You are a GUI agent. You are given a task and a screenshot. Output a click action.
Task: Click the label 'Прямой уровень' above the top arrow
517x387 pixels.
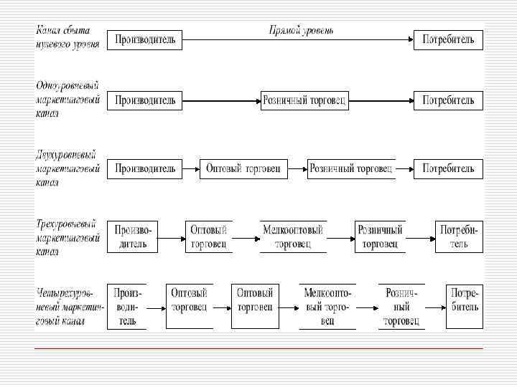click(301, 30)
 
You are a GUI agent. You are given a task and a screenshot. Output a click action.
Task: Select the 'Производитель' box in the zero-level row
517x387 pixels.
click(145, 39)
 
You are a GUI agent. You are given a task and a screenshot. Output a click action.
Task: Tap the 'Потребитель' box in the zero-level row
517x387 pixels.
click(448, 39)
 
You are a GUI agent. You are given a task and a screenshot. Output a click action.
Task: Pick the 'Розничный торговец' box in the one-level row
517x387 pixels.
click(304, 100)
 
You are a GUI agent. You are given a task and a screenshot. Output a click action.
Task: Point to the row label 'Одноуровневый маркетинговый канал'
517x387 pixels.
click(67, 96)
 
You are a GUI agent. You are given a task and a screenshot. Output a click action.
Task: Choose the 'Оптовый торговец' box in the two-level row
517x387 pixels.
click(243, 169)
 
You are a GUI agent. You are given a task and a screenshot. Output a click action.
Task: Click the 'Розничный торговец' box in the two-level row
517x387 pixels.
click(351, 169)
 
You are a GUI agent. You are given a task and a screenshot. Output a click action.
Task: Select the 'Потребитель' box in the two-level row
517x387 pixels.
click(448, 169)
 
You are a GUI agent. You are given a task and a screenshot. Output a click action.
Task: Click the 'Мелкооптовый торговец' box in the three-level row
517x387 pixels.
click(293, 236)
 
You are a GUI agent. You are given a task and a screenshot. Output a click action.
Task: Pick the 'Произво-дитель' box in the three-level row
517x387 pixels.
click(132, 236)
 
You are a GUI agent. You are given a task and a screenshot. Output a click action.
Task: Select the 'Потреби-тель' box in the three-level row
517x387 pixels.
click(460, 236)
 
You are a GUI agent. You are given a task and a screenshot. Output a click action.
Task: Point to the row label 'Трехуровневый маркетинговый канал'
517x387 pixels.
click(67, 235)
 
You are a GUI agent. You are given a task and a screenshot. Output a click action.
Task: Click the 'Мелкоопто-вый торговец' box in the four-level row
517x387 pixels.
click(327, 307)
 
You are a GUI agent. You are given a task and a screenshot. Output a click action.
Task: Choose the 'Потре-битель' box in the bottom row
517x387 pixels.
click(465, 307)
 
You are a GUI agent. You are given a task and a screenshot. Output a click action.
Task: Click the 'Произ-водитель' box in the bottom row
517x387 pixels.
click(127, 307)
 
